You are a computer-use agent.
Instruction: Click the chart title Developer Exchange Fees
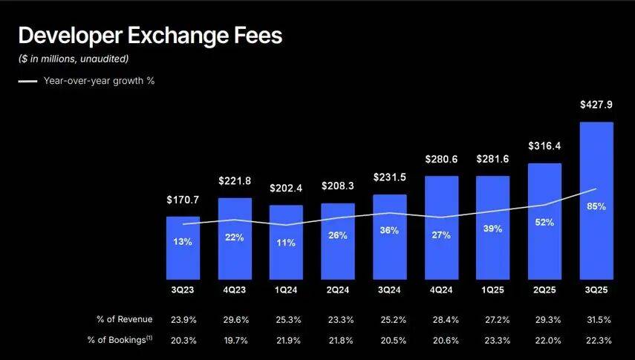point(149,35)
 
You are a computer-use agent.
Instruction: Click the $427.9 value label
point(596,105)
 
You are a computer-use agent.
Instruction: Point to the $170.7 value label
point(183,200)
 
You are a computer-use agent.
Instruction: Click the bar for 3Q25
point(596,200)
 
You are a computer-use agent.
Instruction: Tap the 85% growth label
point(596,206)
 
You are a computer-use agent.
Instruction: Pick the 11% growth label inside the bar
point(287,243)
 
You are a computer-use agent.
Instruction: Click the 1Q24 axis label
point(287,288)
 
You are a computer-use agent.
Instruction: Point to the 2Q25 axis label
point(545,288)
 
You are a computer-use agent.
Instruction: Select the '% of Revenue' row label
point(124,319)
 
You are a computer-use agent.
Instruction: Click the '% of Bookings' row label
point(124,340)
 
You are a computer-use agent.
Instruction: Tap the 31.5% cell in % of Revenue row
point(596,319)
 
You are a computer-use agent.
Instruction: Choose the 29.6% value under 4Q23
point(235,319)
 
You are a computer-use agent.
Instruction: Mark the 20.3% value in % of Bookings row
point(183,340)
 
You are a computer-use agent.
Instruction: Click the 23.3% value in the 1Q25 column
point(493,340)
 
